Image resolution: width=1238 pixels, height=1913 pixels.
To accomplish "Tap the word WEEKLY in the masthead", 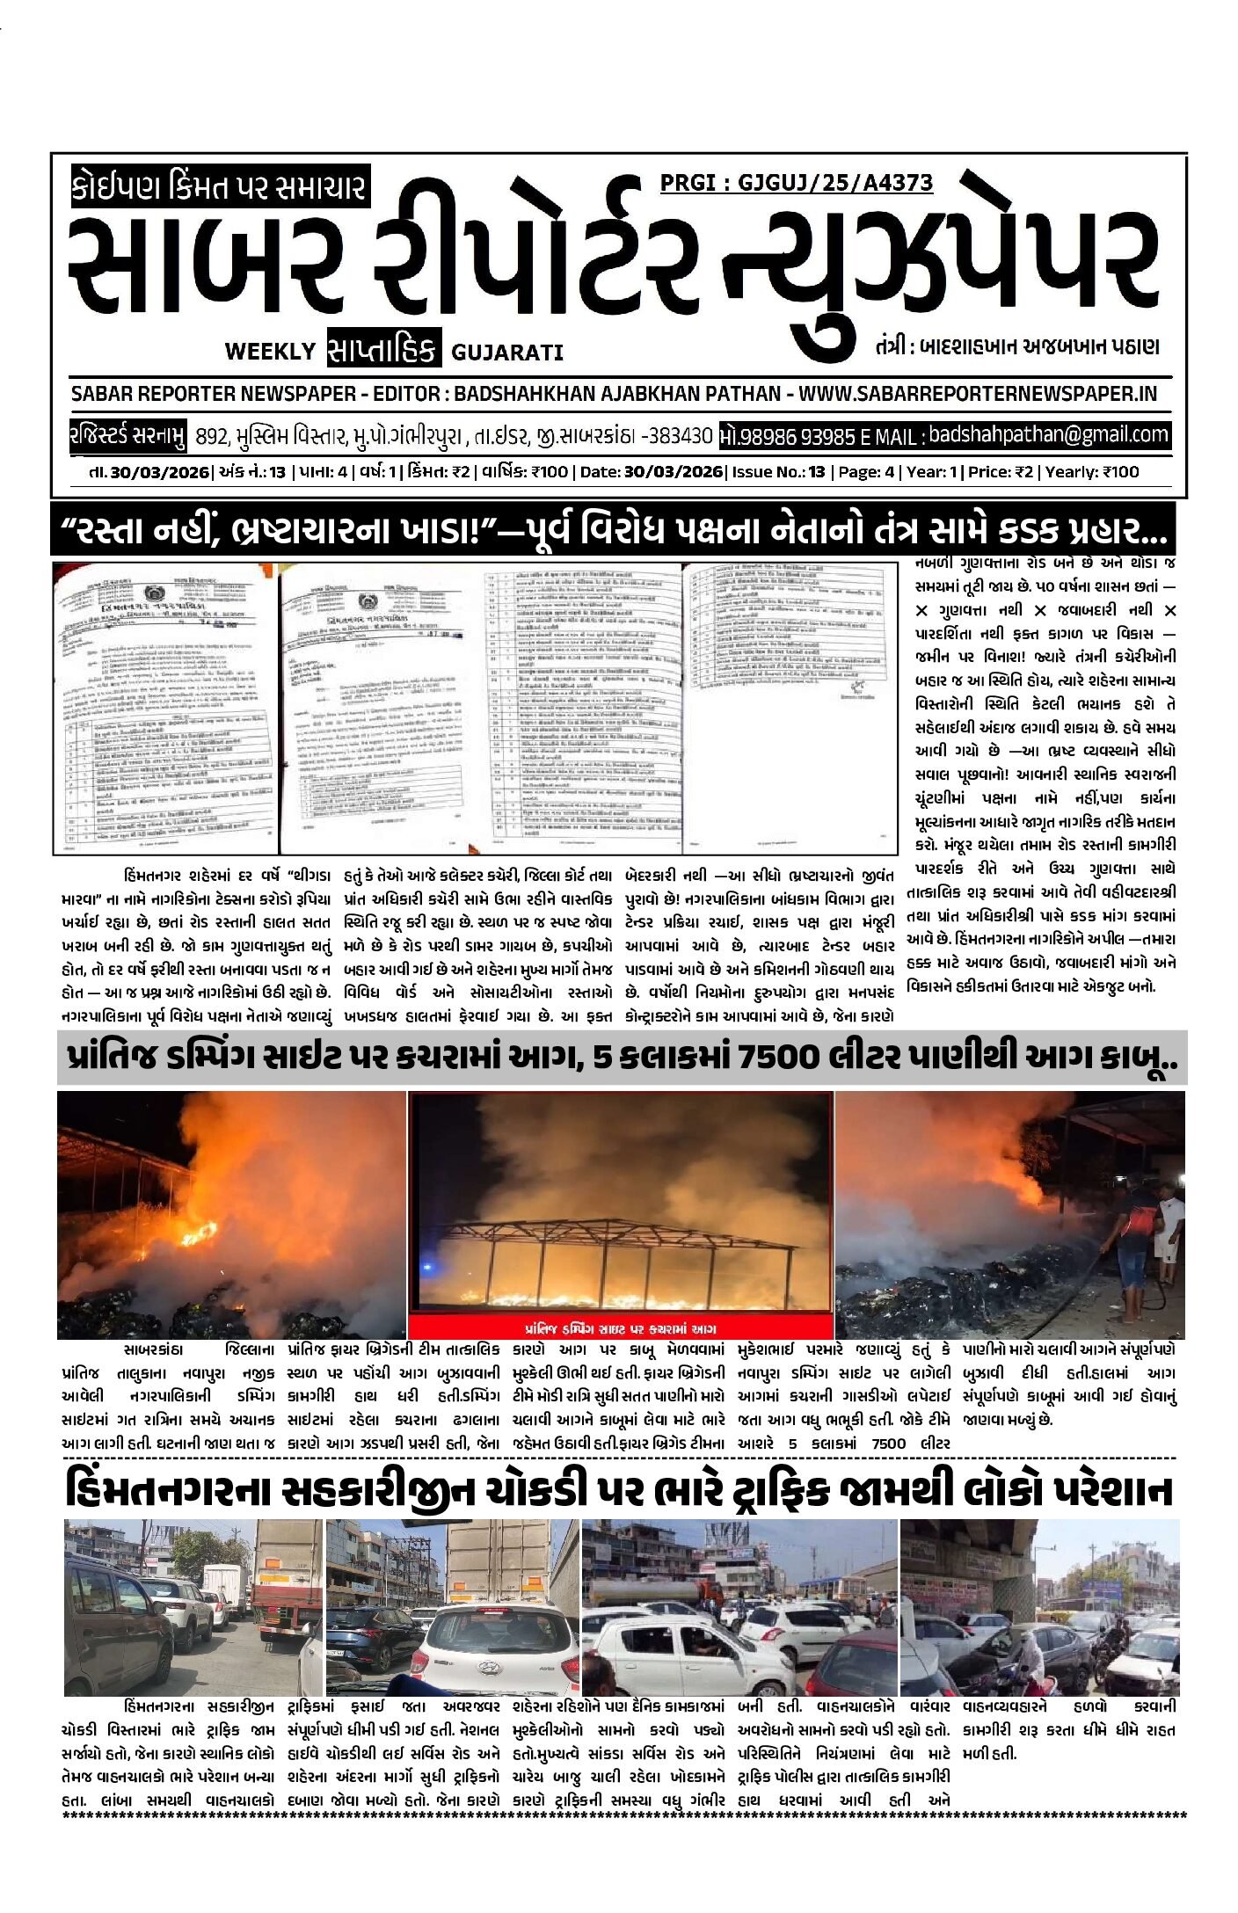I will (x=269, y=352).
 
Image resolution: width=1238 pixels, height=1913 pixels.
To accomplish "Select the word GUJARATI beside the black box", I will (x=506, y=353).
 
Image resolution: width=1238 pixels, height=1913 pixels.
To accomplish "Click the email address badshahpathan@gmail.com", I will (x=1048, y=434).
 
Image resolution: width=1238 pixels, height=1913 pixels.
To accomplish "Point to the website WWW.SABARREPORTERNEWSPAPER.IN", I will (x=978, y=393).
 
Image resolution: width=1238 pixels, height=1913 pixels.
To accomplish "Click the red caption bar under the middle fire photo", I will (x=620, y=1328).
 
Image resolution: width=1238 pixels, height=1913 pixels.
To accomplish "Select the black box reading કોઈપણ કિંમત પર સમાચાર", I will (x=219, y=187).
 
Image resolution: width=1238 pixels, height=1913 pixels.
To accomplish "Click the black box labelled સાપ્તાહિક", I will (x=383, y=350).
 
